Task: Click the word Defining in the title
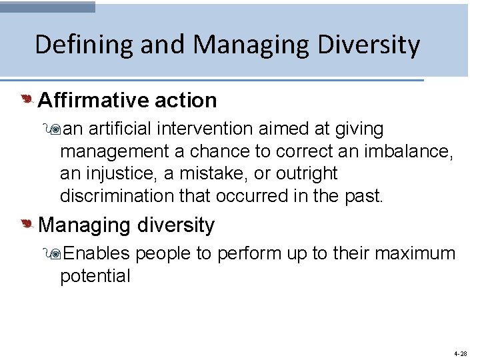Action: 75,45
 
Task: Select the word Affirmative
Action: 93,100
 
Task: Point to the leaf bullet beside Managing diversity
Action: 27,225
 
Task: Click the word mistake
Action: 217,173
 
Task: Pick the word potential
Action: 95,276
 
